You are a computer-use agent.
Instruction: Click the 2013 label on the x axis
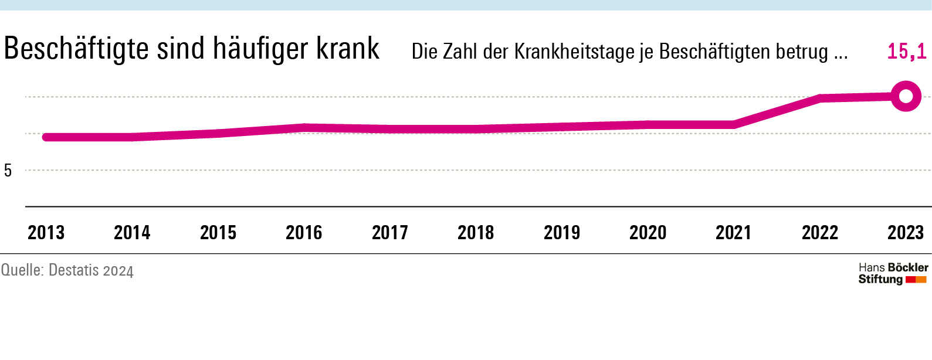click(46, 233)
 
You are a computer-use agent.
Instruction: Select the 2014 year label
click(132, 233)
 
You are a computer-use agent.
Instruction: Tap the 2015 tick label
click(218, 233)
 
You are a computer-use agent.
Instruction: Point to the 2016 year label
click(304, 233)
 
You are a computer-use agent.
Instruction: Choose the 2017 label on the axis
click(390, 233)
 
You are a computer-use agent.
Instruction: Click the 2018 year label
click(476, 233)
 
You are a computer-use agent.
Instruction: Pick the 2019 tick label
click(562, 233)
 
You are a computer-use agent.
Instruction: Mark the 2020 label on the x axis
click(648, 233)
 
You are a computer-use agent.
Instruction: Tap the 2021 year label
click(734, 233)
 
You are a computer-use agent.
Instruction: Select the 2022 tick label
click(820, 233)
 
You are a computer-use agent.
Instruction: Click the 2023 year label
click(906, 233)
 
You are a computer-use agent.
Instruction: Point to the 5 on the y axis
click(8, 171)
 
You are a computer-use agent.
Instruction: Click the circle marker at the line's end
click(906, 97)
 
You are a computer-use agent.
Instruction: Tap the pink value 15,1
click(907, 52)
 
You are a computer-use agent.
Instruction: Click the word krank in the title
click(348, 49)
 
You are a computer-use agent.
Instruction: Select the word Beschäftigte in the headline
click(76, 49)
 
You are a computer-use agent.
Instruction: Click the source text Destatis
click(73, 270)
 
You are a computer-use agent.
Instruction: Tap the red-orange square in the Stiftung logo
click(916, 280)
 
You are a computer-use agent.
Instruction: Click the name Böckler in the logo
click(909, 267)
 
